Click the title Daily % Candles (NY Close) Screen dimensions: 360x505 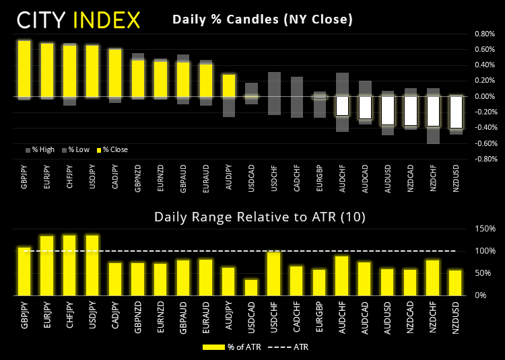click(x=263, y=19)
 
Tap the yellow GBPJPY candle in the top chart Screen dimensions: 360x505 click(x=24, y=69)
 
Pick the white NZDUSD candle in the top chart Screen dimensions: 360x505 click(x=456, y=112)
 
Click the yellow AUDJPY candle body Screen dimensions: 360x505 click(x=229, y=85)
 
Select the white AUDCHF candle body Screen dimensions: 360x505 click(x=342, y=106)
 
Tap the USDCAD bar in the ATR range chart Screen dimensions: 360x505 click(x=251, y=287)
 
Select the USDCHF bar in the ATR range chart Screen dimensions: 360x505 click(x=274, y=273)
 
